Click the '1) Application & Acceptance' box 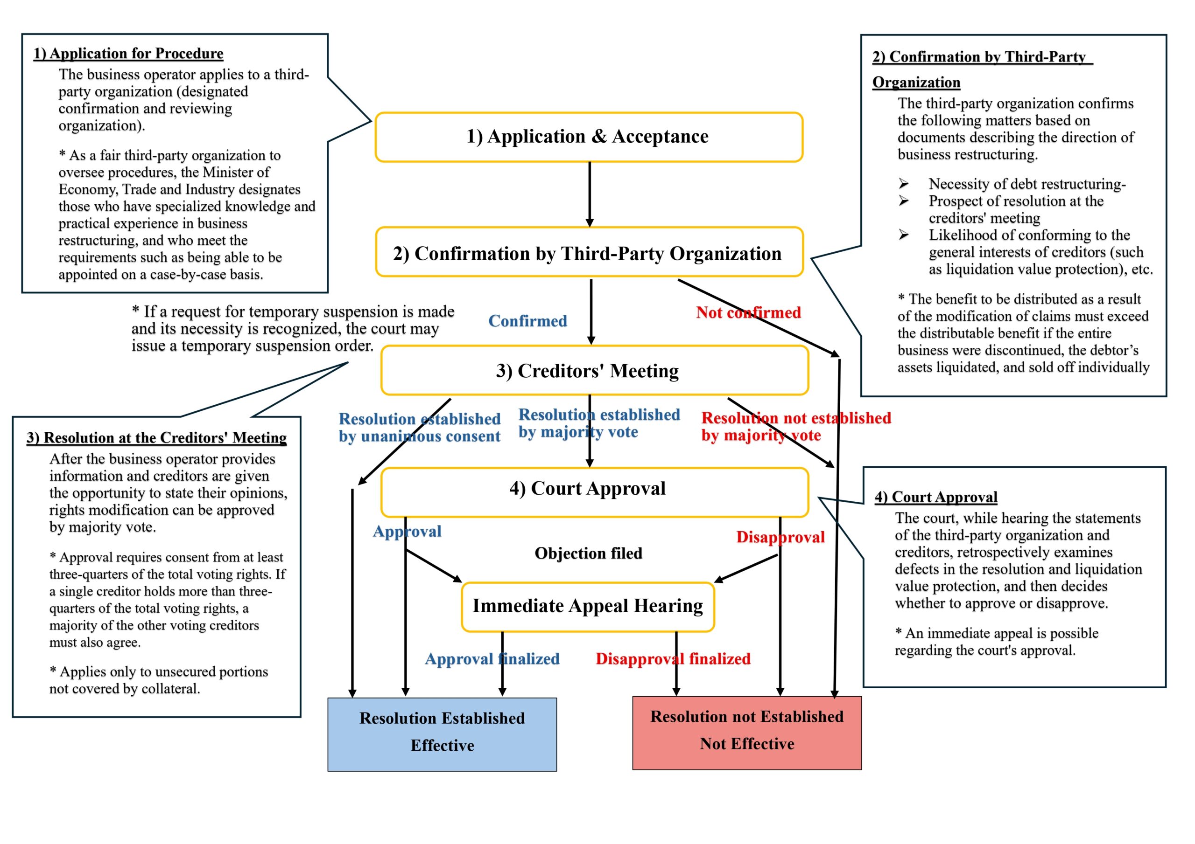tap(589, 137)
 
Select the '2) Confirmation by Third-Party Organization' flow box tap(589, 253)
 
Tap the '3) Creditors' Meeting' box tap(594, 370)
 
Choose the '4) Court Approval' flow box tap(594, 489)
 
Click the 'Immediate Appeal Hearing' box tap(588, 606)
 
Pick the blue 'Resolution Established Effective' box tap(442, 734)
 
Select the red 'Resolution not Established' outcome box tap(747, 732)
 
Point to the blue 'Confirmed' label tap(527, 321)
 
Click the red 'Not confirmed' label tap(748, 312)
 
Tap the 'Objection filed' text tap(588, 553)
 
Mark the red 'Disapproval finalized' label tap(673, 659)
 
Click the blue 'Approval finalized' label tap(492, 659)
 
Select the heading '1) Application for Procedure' tap(128, 54)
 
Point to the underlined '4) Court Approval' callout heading tap(936, 497)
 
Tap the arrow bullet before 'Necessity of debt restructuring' tap(904, 184)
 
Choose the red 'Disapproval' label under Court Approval tap(780, 537)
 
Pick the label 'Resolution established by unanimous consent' tap(419, 428)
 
